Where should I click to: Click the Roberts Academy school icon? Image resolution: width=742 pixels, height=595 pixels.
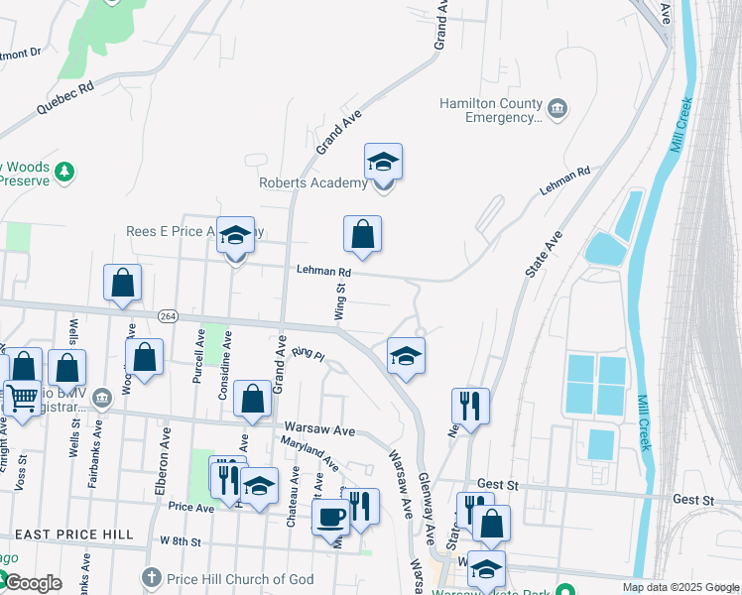383,162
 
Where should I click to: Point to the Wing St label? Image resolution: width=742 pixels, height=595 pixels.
339,301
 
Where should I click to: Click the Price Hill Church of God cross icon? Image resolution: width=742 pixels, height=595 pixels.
151,578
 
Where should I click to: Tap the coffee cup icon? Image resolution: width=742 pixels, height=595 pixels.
330,516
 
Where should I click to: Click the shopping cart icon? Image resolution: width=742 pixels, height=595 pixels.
22,399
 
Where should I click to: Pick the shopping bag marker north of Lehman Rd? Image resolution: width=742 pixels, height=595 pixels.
363,234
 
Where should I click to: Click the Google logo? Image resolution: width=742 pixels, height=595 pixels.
33,584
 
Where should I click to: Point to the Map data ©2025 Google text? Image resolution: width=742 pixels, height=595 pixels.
681,587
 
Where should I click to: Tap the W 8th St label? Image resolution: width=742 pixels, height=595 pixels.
180,542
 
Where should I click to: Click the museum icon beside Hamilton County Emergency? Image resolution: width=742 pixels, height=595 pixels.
556,107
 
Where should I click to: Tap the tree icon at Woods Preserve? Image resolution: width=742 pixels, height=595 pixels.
65,173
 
